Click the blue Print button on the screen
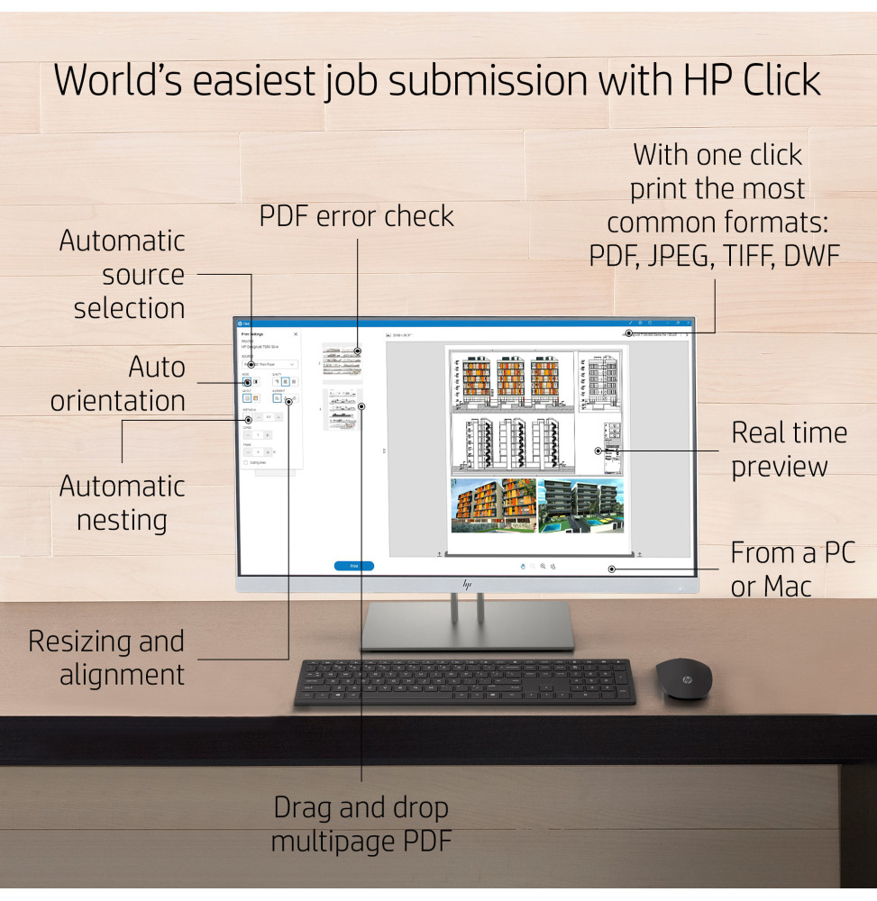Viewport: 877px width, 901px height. coord(353,566)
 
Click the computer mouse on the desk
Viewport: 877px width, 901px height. coord(682,678)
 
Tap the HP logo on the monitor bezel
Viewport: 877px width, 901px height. coord(467,584)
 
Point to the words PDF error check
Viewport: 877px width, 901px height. coord(357,216)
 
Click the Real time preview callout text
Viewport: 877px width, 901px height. coord(789,449)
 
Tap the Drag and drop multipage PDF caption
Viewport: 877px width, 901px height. coord(361,824)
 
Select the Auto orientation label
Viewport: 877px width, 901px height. coord(119,383)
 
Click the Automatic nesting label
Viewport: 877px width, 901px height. coord(122,503)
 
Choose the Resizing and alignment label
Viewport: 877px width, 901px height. coord(106,658)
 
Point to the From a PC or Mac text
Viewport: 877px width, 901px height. coord(791,569)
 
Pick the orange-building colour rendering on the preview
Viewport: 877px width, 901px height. coord(493,505)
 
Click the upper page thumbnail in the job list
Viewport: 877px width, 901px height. coord(342,358)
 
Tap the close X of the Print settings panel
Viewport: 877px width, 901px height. coord(296,333)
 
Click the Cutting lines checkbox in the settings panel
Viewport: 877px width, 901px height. coord(246,462)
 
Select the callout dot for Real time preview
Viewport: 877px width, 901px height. coord(597,450)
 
